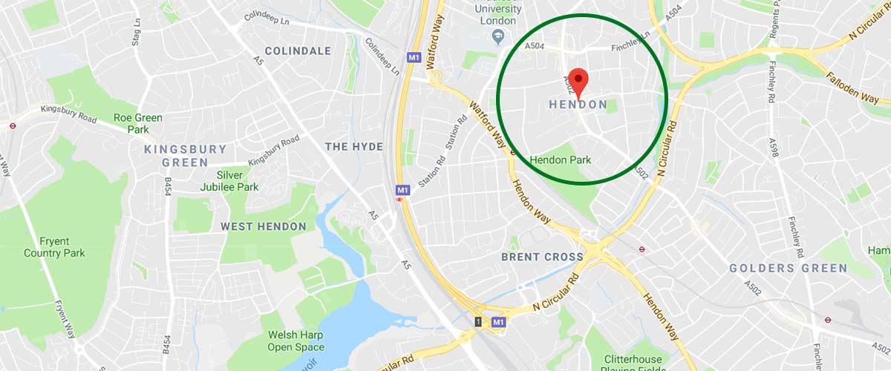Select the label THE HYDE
[x=354, y=147]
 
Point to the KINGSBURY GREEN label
[x=185, y=156]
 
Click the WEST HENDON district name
[x=264, y=226]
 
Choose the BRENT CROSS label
[x=542, y=257]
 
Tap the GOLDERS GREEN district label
[x=788, y=268]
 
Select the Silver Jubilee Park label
[x=229, y=181]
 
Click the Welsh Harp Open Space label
[x=296, y=341]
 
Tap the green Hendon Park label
[x=560, y=160]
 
